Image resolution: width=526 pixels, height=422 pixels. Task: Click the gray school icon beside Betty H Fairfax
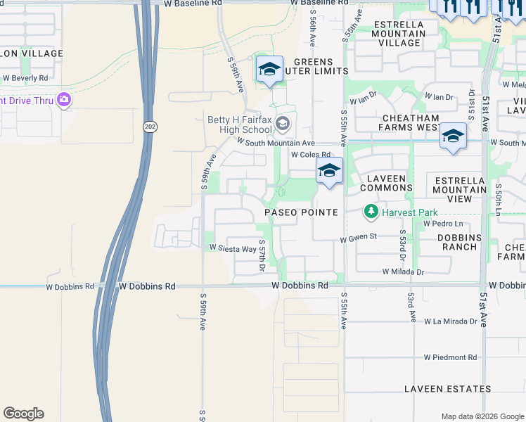(x=282, y=124)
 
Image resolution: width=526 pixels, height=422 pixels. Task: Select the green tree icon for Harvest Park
(x=371, y=211)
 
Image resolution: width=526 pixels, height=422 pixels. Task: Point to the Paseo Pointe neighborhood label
(x=301, y=212)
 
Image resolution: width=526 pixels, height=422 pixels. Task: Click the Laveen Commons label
(x=386, y=183)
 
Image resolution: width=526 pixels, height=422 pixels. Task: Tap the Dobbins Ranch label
(x=459, y=242)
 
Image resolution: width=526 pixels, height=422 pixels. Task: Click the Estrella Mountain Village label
(x=399, y=33)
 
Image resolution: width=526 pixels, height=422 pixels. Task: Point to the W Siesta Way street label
(x=232, y=248)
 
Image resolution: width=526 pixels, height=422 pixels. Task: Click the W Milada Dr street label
(x=404, y=271)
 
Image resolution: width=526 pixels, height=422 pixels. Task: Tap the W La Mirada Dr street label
(x=455, y=321)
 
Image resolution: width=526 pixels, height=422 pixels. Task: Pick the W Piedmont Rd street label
(x=450, y=357)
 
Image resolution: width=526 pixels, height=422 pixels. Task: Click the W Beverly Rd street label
(x=25, y=77)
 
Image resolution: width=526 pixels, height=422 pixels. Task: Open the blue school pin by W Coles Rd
(x=328, y=172)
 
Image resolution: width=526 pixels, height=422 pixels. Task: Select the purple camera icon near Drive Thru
(x=65, y=100)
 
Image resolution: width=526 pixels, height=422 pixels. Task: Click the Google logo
(x=23, y=414)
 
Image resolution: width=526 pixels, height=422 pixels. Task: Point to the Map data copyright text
(x=482, y=416)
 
